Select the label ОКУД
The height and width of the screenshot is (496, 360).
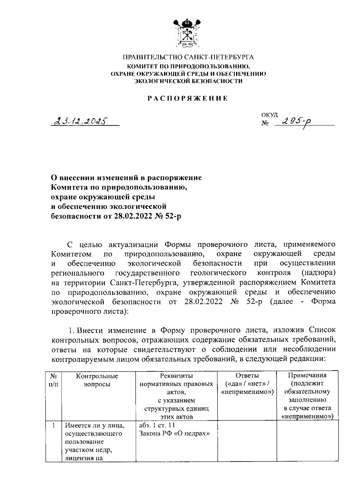[269, 115]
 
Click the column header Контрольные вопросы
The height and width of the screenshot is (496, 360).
[97, 380]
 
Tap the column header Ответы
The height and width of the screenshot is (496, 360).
[247, 376]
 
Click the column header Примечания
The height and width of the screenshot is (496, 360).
[307, 375]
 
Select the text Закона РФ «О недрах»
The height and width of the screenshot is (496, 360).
[174, 434]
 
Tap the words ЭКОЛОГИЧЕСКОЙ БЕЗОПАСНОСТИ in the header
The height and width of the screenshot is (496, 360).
[188, 81]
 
